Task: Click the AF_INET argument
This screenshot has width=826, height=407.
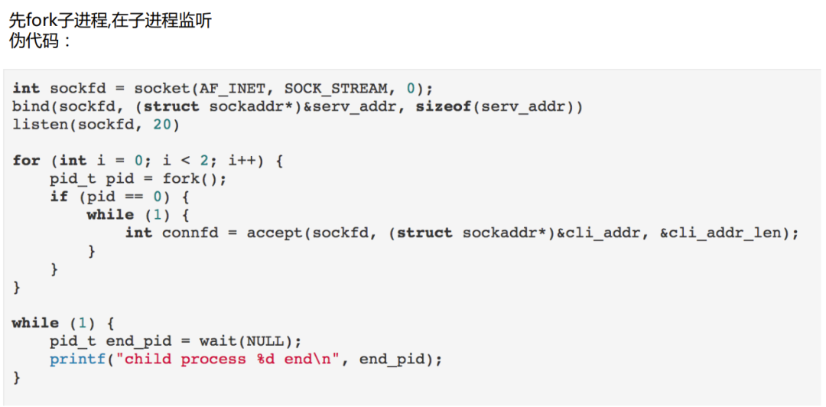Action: click(233, 88)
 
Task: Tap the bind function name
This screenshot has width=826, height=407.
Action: click(31, 106)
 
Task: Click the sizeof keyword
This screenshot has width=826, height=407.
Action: click(443, 106)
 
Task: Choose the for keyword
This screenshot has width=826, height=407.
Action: click(26, 160)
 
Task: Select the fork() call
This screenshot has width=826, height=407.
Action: click(194, 178)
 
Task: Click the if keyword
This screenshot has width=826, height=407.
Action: click(59, 197)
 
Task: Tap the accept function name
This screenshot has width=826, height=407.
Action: click(275, 233)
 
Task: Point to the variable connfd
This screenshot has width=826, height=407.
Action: click(190, 233)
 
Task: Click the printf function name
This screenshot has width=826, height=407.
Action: click(77, 359)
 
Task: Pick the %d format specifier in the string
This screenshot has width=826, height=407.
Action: click(265, 359)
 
